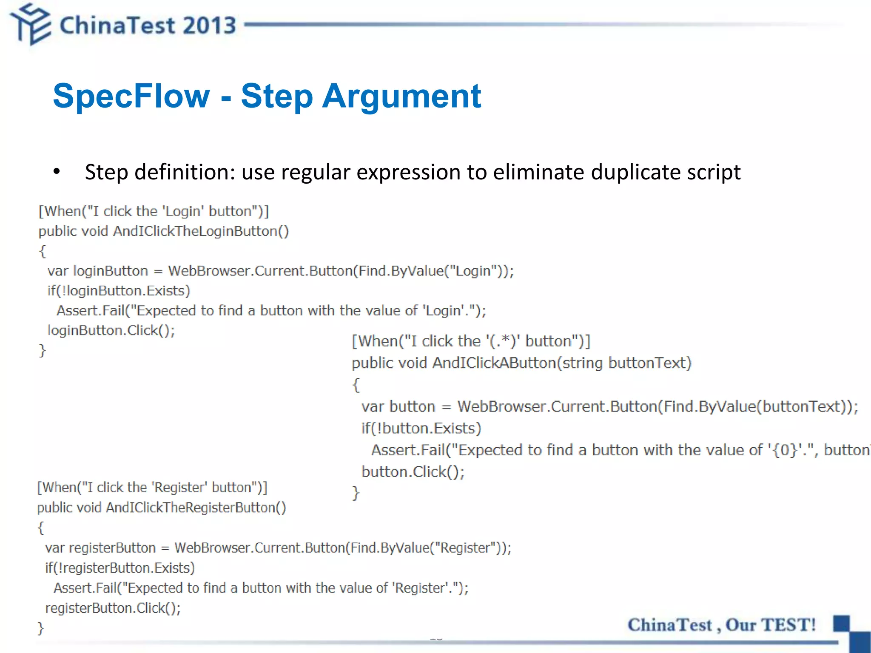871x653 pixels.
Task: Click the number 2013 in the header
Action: coord(210,26)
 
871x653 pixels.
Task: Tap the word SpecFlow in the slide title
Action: coord(131,96)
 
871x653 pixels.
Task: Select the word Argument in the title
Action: coord(401,97)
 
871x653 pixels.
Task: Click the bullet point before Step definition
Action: coord(57,172)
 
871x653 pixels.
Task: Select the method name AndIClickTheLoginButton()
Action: coord(201,231)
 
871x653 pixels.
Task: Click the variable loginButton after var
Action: coord(111,271)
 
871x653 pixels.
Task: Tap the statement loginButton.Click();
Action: coord(111,330)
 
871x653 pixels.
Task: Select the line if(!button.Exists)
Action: coord(421,428)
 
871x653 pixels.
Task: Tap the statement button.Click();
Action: coord(413,472)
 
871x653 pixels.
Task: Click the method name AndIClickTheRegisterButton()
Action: coord(196,508)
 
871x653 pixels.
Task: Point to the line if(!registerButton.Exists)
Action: coord(120,568)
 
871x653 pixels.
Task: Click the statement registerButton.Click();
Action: coord(113,608)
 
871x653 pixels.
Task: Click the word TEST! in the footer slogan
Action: coord(788,625)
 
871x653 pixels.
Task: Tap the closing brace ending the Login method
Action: coord(42,350)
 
